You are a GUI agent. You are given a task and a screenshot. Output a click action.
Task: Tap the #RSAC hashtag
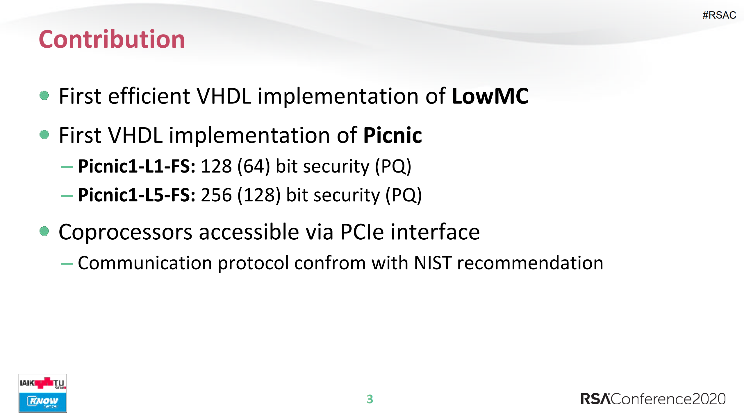pos(719,15)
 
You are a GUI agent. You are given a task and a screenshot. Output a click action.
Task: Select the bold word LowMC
pos(490,96)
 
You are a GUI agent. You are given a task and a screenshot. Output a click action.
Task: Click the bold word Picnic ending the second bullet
pos(392,135)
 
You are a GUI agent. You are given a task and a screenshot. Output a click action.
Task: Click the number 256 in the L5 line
pos(216,195)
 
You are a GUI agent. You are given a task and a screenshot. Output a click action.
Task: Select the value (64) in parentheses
pos(254,166)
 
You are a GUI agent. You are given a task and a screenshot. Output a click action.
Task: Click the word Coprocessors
pos(125,232)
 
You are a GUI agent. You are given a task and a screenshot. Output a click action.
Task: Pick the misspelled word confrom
pos(330,263)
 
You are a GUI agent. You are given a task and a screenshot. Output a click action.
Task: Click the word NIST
pos(433,263)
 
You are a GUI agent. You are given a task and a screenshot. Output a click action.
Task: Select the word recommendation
pos(530,263)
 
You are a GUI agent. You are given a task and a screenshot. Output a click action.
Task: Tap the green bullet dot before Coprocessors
pos(44,231)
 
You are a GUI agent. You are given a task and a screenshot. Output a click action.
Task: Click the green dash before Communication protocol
pos(67,264)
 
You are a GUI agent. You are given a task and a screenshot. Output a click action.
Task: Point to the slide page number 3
pos(370,399)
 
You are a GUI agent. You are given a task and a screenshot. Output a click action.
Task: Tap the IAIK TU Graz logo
pos(43,383)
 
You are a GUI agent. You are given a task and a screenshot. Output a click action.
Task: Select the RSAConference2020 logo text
pos(653,399)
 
